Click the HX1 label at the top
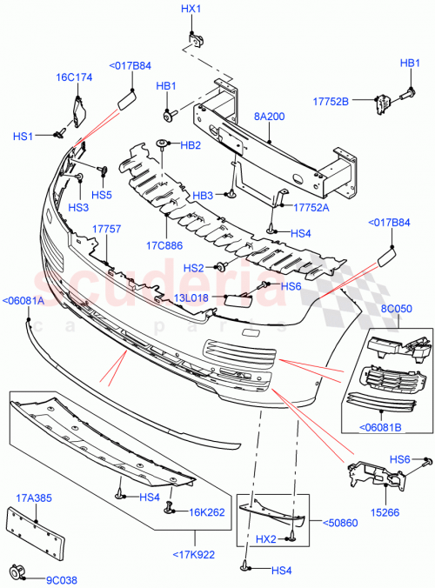[191, 9]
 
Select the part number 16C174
[75, 77]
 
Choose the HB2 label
[190, 144]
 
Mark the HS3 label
[78, 207]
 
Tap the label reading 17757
[105, 229]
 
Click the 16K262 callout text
[207, 511]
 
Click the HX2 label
[266, 539]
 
